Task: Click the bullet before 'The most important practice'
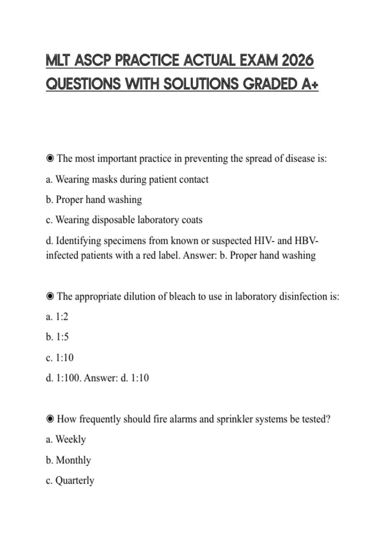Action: click(50, 158)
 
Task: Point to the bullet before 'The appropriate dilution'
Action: click(50, 296)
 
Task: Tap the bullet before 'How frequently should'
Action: click(50, 419)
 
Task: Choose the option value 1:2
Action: click(62, 317)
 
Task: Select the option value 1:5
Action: click(62, 337)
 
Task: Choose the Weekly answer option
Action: click(70, 439)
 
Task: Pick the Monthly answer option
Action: click(73, 460)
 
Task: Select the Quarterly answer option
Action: click(75, 481)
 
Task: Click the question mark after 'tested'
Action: click(328, 419)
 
